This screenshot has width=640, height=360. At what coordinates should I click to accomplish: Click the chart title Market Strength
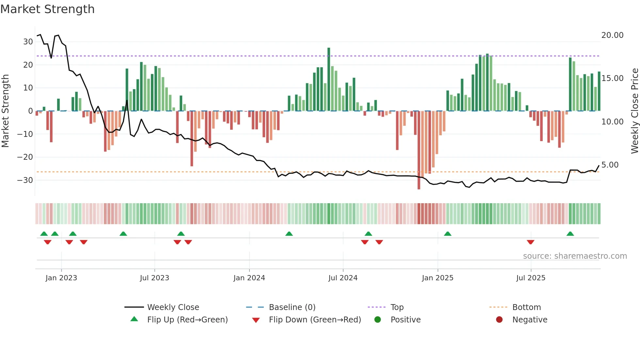pyautogui.click(x=47, y=9)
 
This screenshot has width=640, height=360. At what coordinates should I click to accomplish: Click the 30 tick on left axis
pyautogui.click(x=28, y=42)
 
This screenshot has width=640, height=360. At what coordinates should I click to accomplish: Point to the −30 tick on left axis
pyautogui.click(x=25, y=180)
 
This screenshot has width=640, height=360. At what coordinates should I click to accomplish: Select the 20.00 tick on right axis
pyautogui.click(x=612, y=35)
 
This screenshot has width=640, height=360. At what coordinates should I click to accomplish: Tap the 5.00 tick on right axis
pyautogui.click(x=610, y=165)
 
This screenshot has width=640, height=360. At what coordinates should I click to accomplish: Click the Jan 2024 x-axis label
pyautogui.click(x=249, y=278)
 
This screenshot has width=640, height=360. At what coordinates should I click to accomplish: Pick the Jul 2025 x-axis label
pyautogui.click(x=531, y=278)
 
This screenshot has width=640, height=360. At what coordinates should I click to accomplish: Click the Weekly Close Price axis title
pyautogui.click(x=634, y=111)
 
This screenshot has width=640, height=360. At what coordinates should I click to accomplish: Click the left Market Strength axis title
pyautogui.click(x=5, y=111)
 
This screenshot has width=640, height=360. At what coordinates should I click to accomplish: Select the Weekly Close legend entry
pyautogui.click(x=173, y=307)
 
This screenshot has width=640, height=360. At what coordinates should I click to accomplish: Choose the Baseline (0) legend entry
pyautogui.click(x=292, y=307)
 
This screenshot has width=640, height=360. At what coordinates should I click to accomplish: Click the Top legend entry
pyautogui.click(x=397, y=307)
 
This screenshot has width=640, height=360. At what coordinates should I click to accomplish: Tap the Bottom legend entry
pyautogui.click(x=526, y=307)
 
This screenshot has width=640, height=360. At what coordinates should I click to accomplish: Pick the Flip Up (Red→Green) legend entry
pyautogui.click(x=187, y=320)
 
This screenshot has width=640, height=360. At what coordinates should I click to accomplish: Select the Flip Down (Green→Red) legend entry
pyautogui.click(x=315, y=320)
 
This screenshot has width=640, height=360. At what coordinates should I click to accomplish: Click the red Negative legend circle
pyautogui.click(x=499, y=320)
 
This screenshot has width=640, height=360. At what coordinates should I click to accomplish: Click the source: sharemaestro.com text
pyautogui.click(x=575, y=256)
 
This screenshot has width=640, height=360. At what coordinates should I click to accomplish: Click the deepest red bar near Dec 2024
pyautogui.click(x=419, y=150)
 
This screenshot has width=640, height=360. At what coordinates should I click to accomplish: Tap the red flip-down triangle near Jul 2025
pyautogui.click(x=530, y=242)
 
